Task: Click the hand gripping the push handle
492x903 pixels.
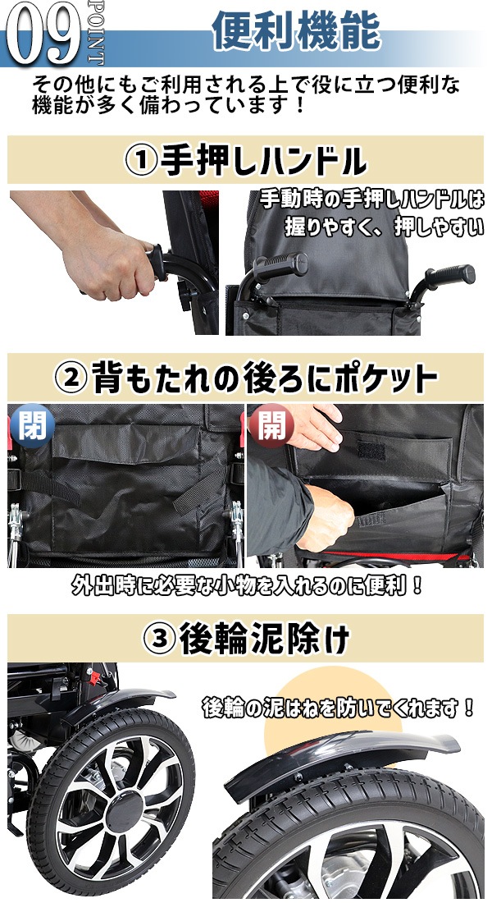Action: (x=111, y=263)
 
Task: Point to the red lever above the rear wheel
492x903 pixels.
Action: (x=96, y=677)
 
